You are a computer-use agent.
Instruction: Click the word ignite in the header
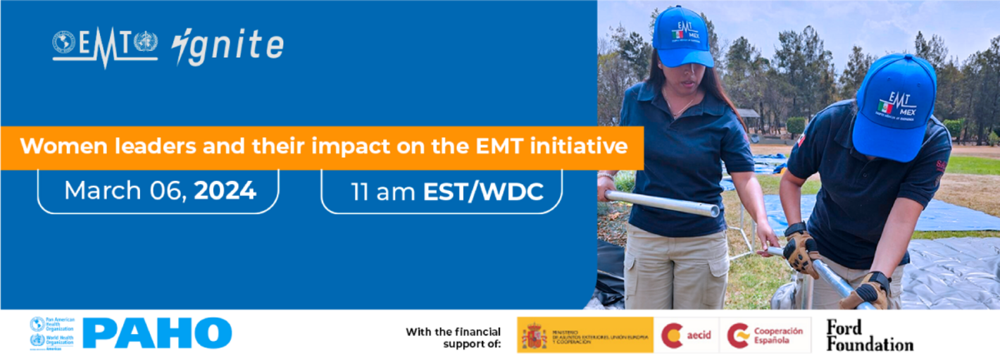tap(228, 46)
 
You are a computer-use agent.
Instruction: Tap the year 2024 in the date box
tap(225, 191)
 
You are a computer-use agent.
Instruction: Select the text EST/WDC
tap(483, 192)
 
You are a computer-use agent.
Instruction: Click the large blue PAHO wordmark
tap(157, 333)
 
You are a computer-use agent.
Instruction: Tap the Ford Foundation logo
tap(869, 335)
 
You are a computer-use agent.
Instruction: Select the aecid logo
tap(686, 335)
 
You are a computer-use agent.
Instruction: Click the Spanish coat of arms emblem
tap(534, 335)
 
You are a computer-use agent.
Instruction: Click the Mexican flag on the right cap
tap(885, 106)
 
